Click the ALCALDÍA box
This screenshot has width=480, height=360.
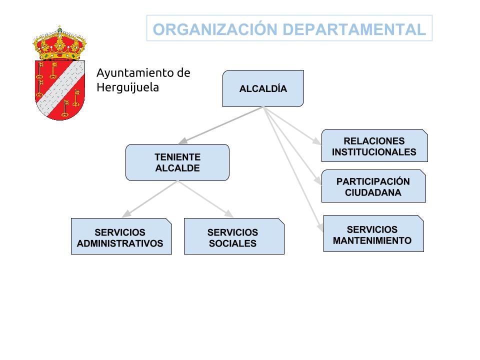(263, 88)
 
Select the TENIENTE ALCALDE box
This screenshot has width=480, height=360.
(177, 162)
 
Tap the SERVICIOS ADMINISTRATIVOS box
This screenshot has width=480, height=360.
(121, 236)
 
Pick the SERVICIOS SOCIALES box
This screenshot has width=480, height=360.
(234, 236)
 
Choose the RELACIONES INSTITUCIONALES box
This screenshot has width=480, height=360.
(374, 145)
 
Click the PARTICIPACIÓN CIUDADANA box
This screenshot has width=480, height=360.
(374, 186)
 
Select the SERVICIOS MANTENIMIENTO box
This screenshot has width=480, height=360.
(374, 233)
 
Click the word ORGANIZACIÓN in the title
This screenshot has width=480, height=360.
(215, 29)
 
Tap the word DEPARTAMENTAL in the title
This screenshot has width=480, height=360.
(354, 29)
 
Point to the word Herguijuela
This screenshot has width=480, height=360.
(127, 87)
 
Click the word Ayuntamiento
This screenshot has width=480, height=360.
(132, 73)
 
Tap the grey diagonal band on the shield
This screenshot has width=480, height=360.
(60, 89)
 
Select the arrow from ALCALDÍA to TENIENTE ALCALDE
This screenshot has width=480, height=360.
(221, 125)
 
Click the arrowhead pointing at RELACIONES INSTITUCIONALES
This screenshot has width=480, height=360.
(316, 141)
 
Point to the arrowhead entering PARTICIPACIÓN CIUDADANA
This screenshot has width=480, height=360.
(318, 180)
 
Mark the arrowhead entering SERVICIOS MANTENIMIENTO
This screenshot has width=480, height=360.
(320, 227)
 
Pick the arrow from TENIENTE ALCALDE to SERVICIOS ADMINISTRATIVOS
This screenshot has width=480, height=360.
(150, 199)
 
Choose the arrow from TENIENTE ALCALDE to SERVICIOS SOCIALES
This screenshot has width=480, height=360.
(205, 199)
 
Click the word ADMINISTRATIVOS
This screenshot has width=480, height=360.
(120, 243)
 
